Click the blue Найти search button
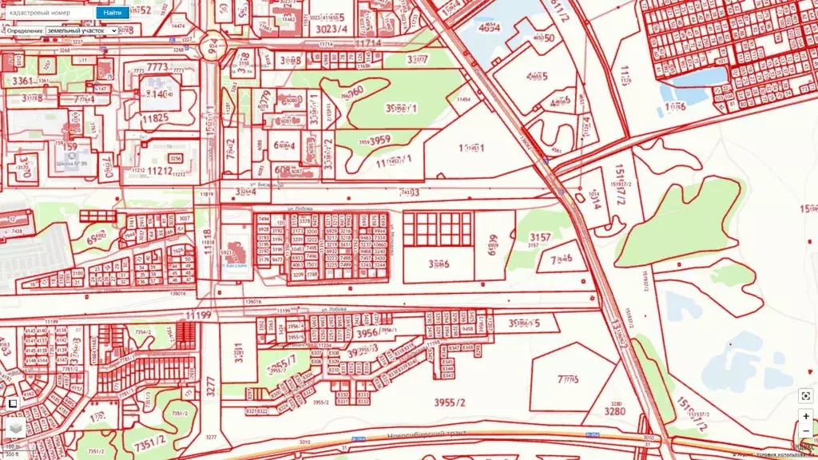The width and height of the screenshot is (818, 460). coord(113,13)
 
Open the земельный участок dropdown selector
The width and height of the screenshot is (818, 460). coord(81,30)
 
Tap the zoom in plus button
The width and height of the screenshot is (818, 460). coord(805,416)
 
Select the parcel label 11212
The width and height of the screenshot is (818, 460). coord(160,171)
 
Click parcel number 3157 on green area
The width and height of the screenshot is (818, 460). coord(541,237)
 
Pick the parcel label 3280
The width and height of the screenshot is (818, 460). coord(614,412)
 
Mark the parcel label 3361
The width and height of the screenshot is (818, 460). coord(22,81)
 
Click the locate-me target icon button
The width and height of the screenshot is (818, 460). coord(805,396)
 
